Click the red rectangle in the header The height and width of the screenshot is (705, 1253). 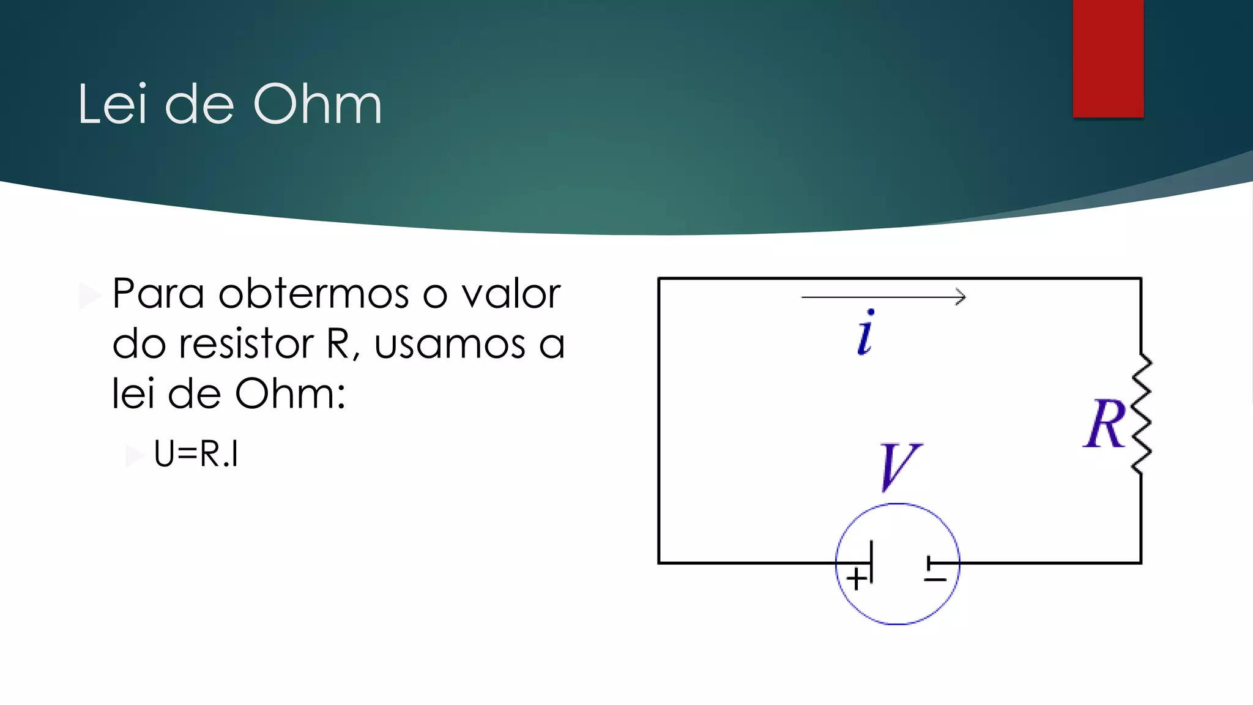point(1108,58)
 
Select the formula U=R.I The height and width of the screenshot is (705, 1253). point(196,454)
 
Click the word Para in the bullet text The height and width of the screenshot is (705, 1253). point(158,294)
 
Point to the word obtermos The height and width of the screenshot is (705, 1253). point(313,294)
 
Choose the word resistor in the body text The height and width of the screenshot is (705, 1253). point(247,344)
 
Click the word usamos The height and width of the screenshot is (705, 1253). point(450,344)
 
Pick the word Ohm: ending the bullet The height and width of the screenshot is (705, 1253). point(290,394)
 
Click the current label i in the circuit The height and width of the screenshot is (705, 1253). point(866,334)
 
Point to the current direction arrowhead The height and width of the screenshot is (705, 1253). point(961,297)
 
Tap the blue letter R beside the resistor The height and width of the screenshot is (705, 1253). point(1104,423)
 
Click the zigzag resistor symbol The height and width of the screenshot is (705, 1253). point(1142,414)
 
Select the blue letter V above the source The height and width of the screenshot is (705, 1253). point(898,466)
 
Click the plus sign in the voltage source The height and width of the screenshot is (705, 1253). point(857,578)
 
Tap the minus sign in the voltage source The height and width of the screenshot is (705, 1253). point(935,579)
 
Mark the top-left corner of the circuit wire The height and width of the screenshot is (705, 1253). point(659,279)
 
